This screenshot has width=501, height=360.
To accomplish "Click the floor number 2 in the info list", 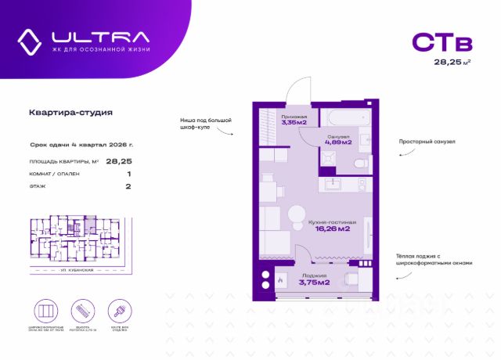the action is pos(128,187).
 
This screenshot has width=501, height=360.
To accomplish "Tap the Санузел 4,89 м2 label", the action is pos(333,140).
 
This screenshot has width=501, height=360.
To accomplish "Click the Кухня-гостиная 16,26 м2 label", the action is pos(332,226).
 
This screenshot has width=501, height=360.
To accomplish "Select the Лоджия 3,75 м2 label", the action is pos(314,280).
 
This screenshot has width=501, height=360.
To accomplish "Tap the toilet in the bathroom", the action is pos(359,164).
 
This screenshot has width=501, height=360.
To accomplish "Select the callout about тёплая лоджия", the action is pos(433,259).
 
